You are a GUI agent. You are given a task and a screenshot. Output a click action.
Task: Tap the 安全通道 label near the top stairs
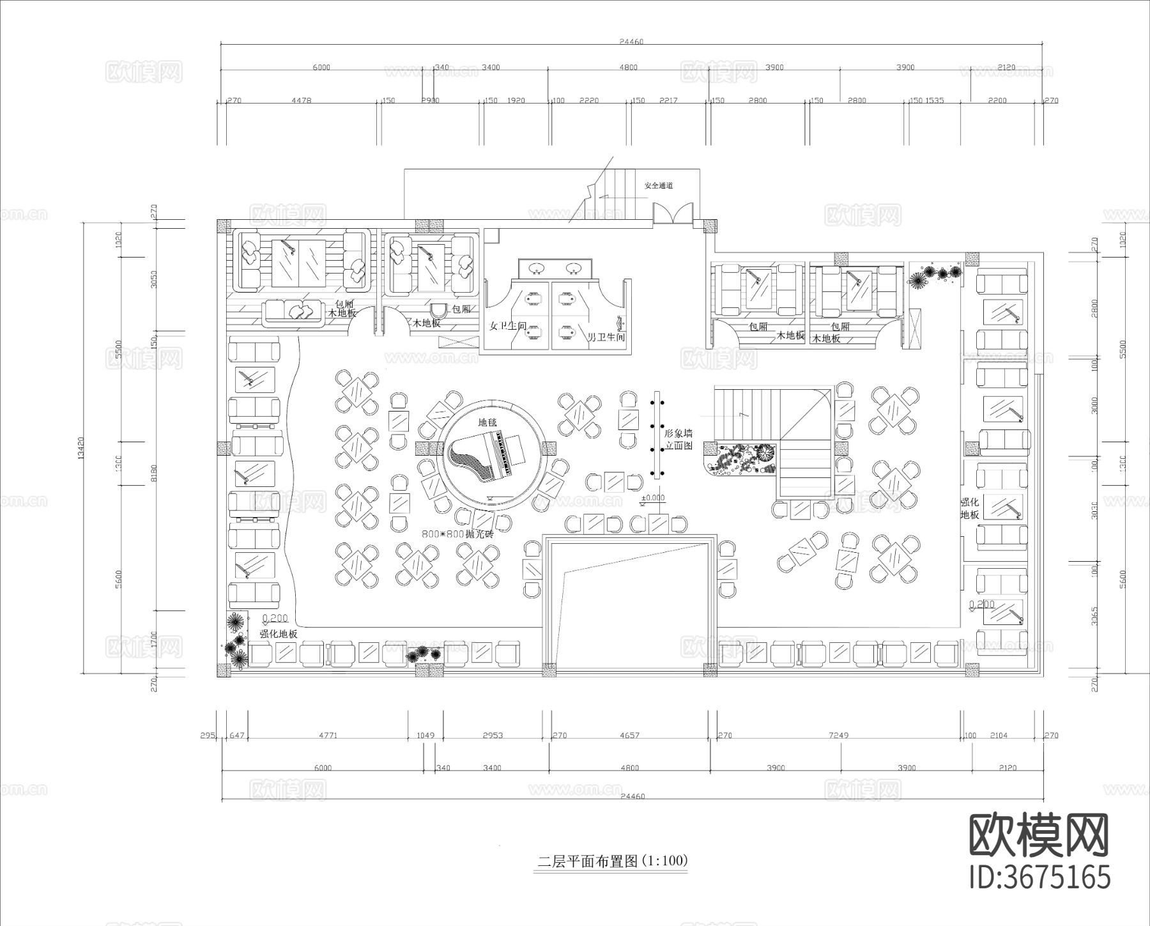point(658,186)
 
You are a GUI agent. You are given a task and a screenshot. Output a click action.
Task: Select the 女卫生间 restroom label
point(508,326)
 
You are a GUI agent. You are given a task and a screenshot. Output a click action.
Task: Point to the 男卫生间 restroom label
point(606,337)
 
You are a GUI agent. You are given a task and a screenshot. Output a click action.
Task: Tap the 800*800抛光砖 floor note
point(457,534)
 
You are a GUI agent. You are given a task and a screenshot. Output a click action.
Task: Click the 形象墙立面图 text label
point(678,439)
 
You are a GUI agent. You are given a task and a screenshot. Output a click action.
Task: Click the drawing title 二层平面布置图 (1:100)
point(612,861)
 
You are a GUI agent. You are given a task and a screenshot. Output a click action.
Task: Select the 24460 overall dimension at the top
point(631,42)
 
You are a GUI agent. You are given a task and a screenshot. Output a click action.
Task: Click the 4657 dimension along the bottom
point(629,736)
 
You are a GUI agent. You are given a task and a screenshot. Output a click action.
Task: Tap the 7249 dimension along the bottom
point(838,736)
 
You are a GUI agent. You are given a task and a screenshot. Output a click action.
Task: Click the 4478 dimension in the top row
point(301,100)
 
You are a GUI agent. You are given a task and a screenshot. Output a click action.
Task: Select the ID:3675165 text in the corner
point(1039,877)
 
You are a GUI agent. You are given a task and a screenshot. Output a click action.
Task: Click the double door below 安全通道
point(673,213)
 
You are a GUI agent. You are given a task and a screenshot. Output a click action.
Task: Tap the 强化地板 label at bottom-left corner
point(279,634)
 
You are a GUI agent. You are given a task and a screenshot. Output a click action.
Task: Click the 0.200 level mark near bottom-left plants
point(275,619)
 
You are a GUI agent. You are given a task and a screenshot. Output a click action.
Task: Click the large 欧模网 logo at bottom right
point(1039,835)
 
